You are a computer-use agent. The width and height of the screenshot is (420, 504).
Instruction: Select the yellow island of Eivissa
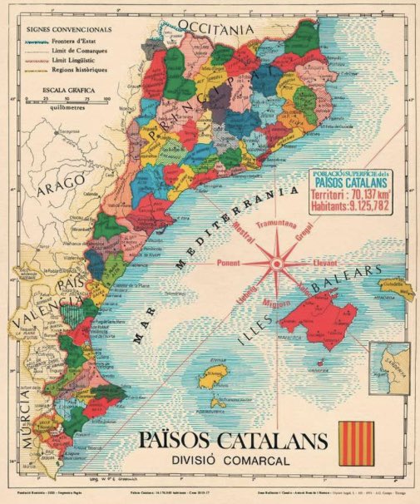(x=215, y=376)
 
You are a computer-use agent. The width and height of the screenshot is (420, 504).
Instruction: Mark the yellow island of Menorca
(x=395, y=289)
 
